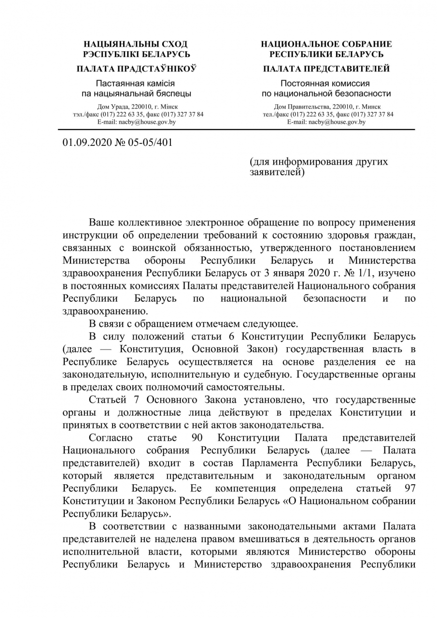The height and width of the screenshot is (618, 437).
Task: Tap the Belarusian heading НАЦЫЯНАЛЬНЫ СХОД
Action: (136, 44)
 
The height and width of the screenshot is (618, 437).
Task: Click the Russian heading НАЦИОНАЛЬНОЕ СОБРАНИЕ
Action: (326, 44)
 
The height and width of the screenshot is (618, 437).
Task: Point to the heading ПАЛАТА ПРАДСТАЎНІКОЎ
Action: (136, 69)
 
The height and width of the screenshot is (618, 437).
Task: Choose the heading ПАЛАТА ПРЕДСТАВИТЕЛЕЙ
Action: (326, 69)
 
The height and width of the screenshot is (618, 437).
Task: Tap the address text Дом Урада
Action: (111, 107)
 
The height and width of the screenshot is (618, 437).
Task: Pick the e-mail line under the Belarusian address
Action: (136, 122)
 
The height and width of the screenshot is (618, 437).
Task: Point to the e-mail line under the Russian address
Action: (326, 122)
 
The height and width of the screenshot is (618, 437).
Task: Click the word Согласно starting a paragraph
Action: (110, 438)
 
